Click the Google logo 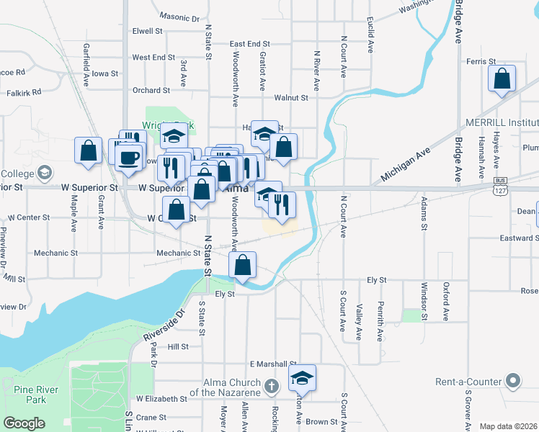pyautogui.click(x=24, y=423)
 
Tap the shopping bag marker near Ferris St pyautogui.click(x=502, y=78)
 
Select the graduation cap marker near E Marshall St pyautogui.click(x=302, y=377)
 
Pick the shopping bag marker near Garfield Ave pyautogui.click(x=88, y=150)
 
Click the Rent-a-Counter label pyautogui.click(x=468, y=381)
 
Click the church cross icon pyautogui.click(x=271, y=387)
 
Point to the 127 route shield pyautogui.click(x=500, y=191)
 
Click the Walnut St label pyautogui.click(x=291, y=97)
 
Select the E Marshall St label pyautogui.click(x=273, y=364)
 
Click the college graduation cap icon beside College pyautogui.click(x=45, y=173)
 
